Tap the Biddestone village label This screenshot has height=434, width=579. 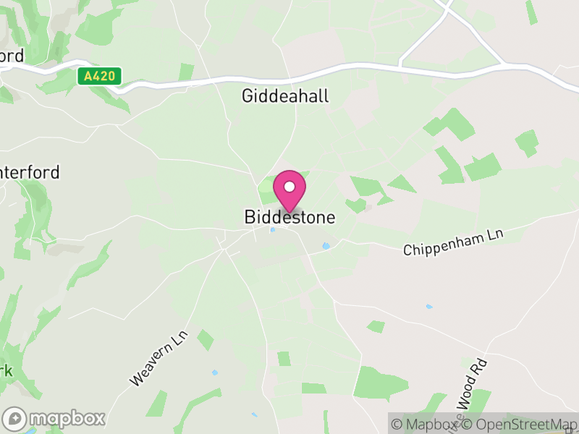289,217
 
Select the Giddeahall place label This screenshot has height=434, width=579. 284,95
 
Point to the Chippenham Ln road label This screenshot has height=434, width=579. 452,242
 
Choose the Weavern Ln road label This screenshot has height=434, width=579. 159,357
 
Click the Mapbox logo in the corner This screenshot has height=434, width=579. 54,418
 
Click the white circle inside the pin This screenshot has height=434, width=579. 289,187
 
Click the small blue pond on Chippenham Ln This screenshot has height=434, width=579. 326,246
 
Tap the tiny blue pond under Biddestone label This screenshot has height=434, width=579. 272,231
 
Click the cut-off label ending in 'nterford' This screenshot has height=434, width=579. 30,173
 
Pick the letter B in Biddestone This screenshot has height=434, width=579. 250,217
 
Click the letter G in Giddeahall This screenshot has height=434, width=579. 248,95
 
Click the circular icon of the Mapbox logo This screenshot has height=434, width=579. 14,419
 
